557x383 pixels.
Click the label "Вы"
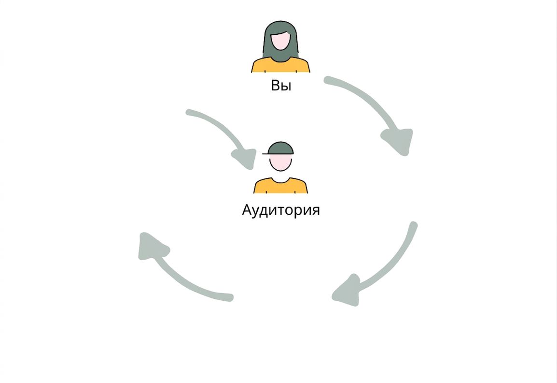click(x=281, y=86)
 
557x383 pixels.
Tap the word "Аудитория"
click(x=280, y=210)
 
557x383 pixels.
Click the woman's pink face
click(x=280, y=41)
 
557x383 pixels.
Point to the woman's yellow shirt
click(x=280, y=65)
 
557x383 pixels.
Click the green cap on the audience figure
click(x=280, y=148)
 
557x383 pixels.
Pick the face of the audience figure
click(x=280, y=162)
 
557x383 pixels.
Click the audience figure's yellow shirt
click(x=280, y=186)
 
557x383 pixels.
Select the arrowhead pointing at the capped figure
click(x=246, y=159)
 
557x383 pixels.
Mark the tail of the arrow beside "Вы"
click(x=328, y=80)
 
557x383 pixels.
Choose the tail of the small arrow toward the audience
click(x=189, y=113)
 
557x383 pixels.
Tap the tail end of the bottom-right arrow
click(x=413, y=225)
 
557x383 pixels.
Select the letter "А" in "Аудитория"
click(x=247, y=210)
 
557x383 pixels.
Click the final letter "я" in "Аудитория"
click(x=316, y=211)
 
